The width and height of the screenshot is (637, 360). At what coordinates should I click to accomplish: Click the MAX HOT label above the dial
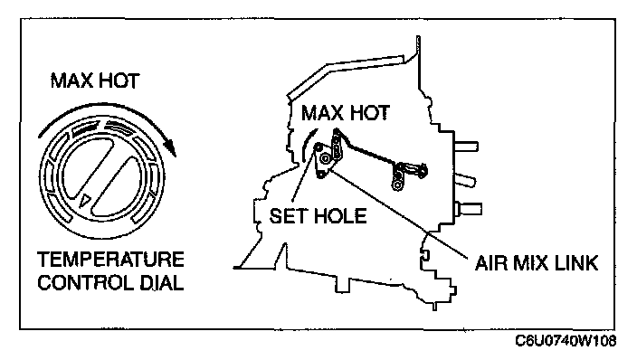point(95,81)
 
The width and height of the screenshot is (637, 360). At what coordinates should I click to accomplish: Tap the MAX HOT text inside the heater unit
point(346,112)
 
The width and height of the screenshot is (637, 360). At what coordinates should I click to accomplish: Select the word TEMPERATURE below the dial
point(110,260)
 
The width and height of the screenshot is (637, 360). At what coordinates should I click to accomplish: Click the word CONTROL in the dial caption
point(85,283)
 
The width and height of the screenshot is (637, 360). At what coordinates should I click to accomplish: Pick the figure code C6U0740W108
point(566,340)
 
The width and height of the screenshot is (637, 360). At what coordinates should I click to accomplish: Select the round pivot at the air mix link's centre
point(326,159)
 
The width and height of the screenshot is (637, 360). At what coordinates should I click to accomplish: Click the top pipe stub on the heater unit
point(466,147)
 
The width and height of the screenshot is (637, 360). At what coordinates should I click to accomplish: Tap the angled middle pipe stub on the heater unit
point(465,180)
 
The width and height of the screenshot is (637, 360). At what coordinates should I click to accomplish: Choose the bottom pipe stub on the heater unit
point(470,209)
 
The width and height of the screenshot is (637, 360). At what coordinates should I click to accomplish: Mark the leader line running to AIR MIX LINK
point(399,213)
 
